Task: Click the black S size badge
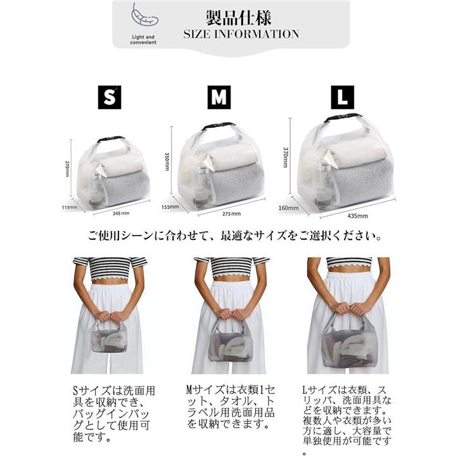110,97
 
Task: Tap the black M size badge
218,97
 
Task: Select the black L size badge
342,97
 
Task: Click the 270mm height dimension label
68,168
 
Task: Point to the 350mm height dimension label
167,161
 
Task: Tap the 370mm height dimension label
285,157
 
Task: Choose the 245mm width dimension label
121,213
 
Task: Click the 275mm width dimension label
232,214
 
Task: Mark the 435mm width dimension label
357,216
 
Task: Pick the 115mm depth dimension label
70,207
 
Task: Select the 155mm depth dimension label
170,207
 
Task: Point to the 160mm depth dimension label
289,208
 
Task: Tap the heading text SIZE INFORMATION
241,34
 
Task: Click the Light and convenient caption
143,39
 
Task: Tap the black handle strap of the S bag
111,139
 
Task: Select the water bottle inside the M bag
200,185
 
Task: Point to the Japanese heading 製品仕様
239,18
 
